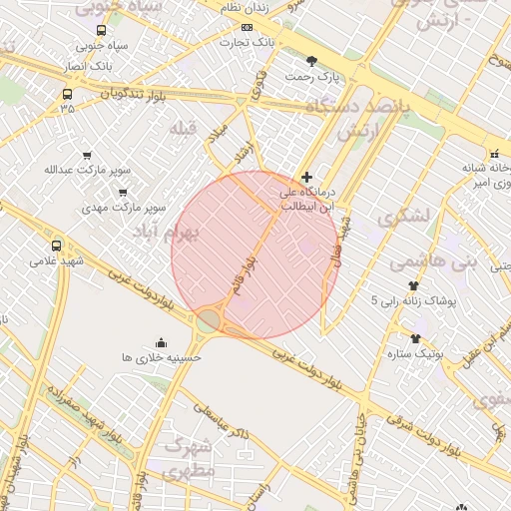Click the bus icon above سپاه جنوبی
[x=101, y=30]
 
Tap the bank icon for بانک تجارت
[x=247, y=28]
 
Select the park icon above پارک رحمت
[x=312, y=61]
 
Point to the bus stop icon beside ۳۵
[x=67, y=95]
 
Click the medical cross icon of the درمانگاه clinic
[x=306, y=177]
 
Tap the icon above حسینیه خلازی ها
[x=162, y=343]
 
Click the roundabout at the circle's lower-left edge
[x=208, y=320]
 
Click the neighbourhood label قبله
[x=186, y=127]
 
